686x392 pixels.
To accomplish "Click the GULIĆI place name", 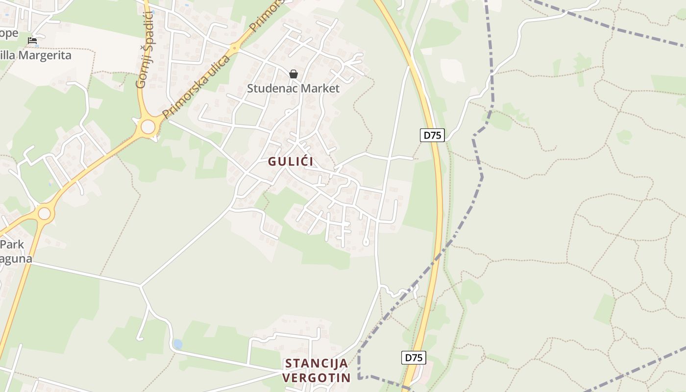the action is pos(291,161).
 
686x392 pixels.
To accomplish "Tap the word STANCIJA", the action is pos(317,364).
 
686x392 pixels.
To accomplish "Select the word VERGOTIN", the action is pos(317,378).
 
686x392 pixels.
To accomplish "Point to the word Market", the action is pos(321,89).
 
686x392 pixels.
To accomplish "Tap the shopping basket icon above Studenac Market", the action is pos(293,74).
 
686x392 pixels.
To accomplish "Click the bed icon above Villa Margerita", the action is pos(32,41).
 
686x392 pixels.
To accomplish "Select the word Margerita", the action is pos(44,55).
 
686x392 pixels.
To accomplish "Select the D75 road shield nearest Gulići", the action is pos(432,135).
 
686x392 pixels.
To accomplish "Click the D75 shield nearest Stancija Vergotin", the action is pos(414,358).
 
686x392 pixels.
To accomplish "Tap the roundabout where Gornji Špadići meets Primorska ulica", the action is pos(148,127).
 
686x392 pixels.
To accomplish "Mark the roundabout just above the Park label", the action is pos(44,214).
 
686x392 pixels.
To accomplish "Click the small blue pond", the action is pos(178,344).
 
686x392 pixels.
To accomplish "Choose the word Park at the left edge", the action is pos(12,245).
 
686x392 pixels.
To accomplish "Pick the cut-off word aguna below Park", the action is pos(16,259).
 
